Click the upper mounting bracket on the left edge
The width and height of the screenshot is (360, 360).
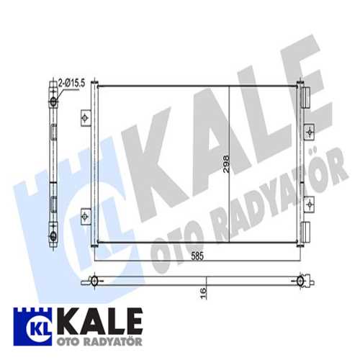[x=85, y=117]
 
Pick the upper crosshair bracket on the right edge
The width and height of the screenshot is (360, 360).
[x=310, y=132]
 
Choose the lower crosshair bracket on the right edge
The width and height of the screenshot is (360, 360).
[x=310, y=204]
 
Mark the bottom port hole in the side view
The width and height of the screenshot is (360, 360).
[x=53, y=235]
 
